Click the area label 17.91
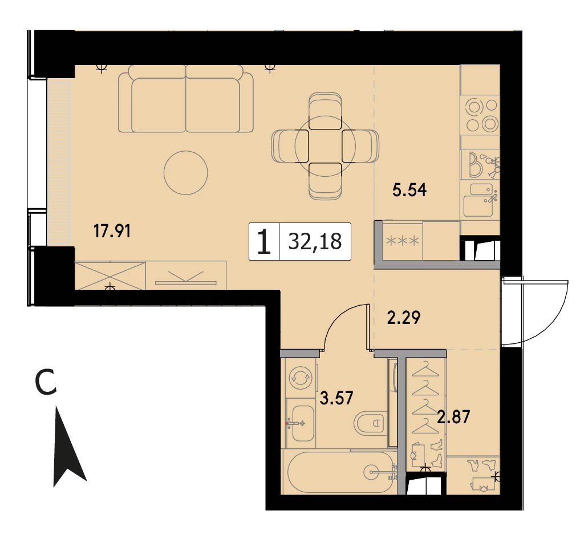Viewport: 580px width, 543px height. tap(112, 232)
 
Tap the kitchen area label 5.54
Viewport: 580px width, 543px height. tap(409, 190)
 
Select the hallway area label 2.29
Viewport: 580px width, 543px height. tap(404, 318)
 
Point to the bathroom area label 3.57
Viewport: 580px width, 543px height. tap(336, 398)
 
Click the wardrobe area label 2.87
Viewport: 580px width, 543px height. tap(453, 417)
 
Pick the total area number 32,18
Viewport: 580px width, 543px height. tap(315, 241)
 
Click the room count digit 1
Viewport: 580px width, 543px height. tap(264, 241)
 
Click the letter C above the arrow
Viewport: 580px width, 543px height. tap(46, 383)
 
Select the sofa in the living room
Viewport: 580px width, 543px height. tap(186, 99)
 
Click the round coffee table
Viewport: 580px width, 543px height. tap(186, 172)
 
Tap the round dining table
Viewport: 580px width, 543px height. tap(325, 146)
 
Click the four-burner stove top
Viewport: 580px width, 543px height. tap(480, 115)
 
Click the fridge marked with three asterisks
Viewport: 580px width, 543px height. tap(403, 241)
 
